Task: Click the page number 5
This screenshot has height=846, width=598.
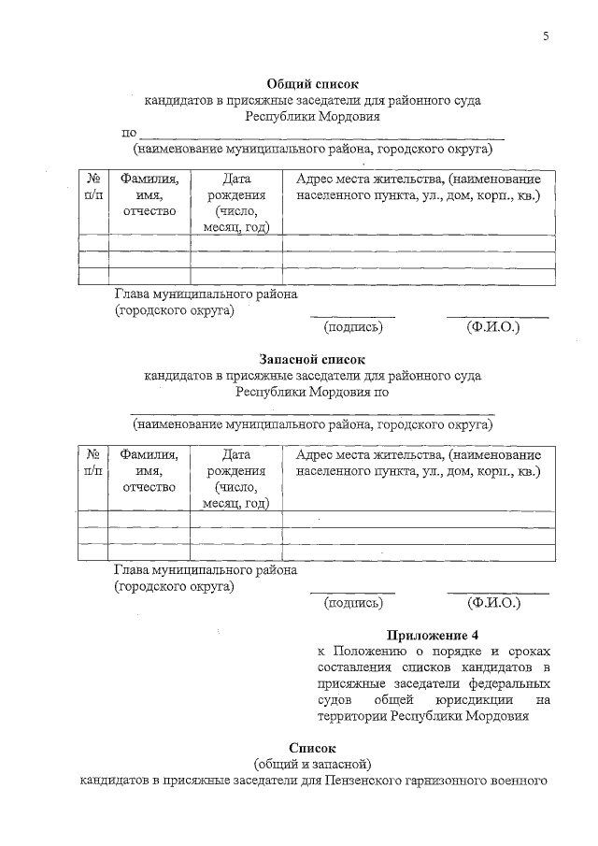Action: (x=546, y=36)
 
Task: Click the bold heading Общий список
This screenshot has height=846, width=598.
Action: (x=312, y=84)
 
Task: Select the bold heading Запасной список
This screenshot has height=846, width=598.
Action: (x=312, y=360)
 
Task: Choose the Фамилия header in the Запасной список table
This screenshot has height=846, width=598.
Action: (x=149, y=454)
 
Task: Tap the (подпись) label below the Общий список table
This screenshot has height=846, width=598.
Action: (x=353, y=328)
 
